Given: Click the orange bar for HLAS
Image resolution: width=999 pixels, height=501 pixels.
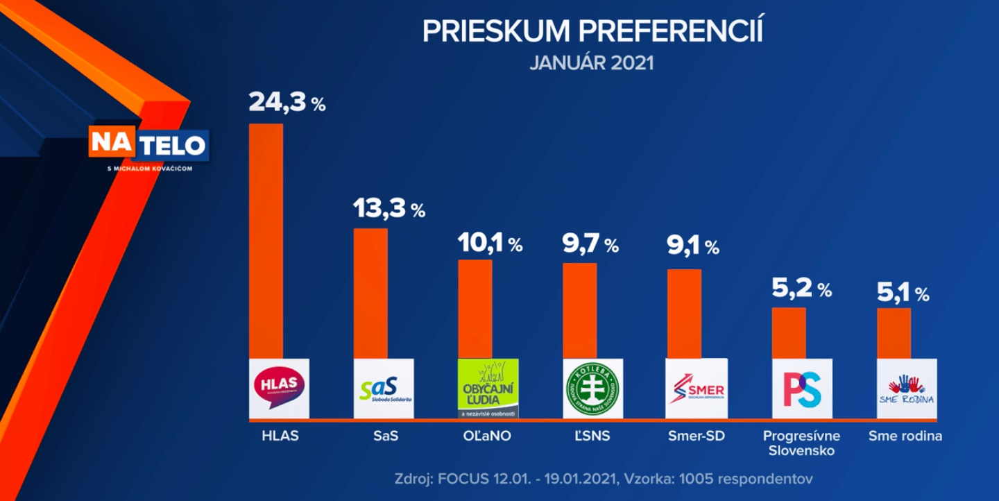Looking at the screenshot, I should point(266,240).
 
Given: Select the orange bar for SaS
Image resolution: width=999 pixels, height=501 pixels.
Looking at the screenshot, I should point(370,293).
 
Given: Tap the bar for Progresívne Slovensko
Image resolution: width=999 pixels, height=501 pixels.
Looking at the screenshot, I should point(789,332).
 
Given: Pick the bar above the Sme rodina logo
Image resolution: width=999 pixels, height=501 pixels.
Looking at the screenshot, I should point(894,333).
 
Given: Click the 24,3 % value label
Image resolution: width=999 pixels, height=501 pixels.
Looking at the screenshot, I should point(287,103).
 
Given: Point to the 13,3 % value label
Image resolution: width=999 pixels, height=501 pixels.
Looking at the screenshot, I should point(388,208).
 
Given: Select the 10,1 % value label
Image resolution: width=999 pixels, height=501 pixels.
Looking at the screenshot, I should point(490,244).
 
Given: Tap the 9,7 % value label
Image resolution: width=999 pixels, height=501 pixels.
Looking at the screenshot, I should point(590,244).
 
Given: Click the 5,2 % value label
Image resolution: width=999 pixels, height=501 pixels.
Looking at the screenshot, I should point(802,289).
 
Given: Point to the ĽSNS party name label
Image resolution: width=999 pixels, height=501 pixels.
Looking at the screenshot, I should point(592,436).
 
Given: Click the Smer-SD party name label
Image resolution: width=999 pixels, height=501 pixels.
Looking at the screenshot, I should point(696,436).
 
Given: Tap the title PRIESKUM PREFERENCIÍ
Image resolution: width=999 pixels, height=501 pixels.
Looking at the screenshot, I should point(592,31).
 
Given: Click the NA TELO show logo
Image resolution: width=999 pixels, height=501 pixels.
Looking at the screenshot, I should point(148,145).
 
